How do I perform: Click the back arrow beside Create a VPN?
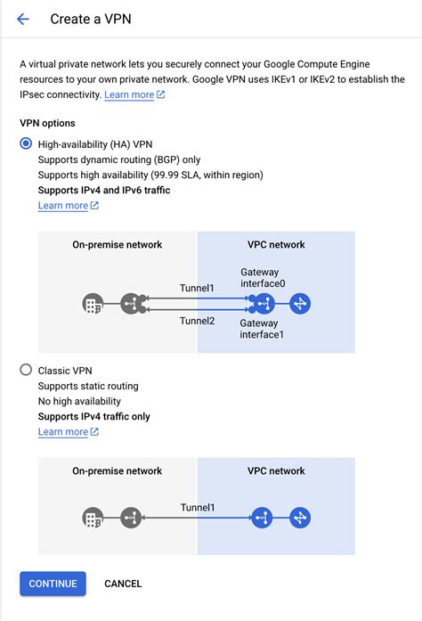[x=23, y=19]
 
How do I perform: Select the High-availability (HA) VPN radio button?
[x=26, y=143]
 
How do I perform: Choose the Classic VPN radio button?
[x=26, y=370]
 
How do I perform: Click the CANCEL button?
[x=123, y=584]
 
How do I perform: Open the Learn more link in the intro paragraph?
[x=129, y=94]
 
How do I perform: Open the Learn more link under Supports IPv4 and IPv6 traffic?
[x=63, y=206]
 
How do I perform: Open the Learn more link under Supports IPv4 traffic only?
[x=63, y=432]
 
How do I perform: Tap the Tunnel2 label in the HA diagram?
[x=198, y=321]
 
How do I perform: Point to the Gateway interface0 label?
[x=264, y=278]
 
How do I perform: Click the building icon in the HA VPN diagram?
[x=91, y=304]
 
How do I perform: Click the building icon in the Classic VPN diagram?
[x=91, y=517]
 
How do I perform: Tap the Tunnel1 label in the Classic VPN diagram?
[x=198, y=508]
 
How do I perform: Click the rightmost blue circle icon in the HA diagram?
[x=300, y=304]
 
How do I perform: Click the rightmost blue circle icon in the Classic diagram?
[x=300, y=517]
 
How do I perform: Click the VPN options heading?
[x=47, y=123]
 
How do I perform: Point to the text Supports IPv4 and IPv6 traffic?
[x=104, y=190]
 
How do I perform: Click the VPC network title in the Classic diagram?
[x=275, y=471]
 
